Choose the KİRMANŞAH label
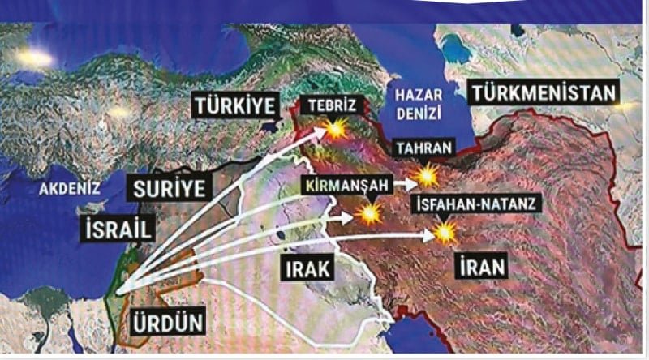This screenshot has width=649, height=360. tap(346, 184)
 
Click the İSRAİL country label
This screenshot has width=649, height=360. tap(118, 229)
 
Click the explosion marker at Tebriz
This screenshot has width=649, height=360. tap(334, 130)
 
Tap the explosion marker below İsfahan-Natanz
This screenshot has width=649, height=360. tap(445, 234)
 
